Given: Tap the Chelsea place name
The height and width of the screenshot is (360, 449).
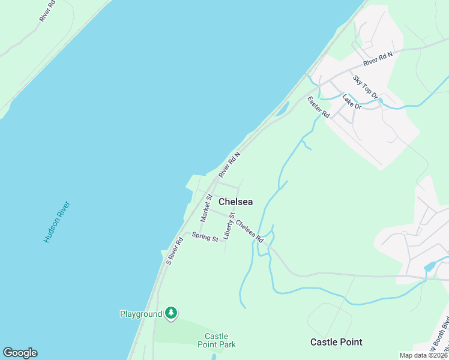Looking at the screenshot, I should (x=235, y=202).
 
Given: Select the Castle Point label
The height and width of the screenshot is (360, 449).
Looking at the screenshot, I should (x=336, y=342).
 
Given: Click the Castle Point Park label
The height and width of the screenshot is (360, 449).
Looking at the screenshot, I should (x=217, y=340).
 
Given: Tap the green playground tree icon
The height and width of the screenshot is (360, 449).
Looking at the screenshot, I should (x=171, y=313).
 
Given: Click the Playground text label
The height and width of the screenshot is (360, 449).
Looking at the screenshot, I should (x=141, y=314).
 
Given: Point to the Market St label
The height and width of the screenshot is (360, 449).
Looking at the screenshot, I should (x=206, y=208).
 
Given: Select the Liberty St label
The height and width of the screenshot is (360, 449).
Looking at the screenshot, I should (x=228, y=226).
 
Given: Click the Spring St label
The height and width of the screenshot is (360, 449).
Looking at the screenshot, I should (x=205, y=237).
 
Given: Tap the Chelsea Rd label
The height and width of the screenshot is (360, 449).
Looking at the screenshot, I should (x=250, y=232).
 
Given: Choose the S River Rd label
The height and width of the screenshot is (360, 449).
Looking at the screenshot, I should (x=175, y=251).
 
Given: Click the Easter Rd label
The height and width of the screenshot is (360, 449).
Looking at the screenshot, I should (x=319, y=106).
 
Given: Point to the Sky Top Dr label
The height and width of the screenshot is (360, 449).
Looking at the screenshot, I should (x=365, y=87).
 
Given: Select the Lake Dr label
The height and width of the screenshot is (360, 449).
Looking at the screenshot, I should (x=352, y=101).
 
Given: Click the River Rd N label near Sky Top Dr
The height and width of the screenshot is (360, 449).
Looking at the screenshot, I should (x=378, y=59).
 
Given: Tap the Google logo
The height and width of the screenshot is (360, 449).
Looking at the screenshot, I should (x=20, y=353).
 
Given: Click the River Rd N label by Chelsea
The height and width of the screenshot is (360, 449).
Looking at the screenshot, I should (x=229, y=164).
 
